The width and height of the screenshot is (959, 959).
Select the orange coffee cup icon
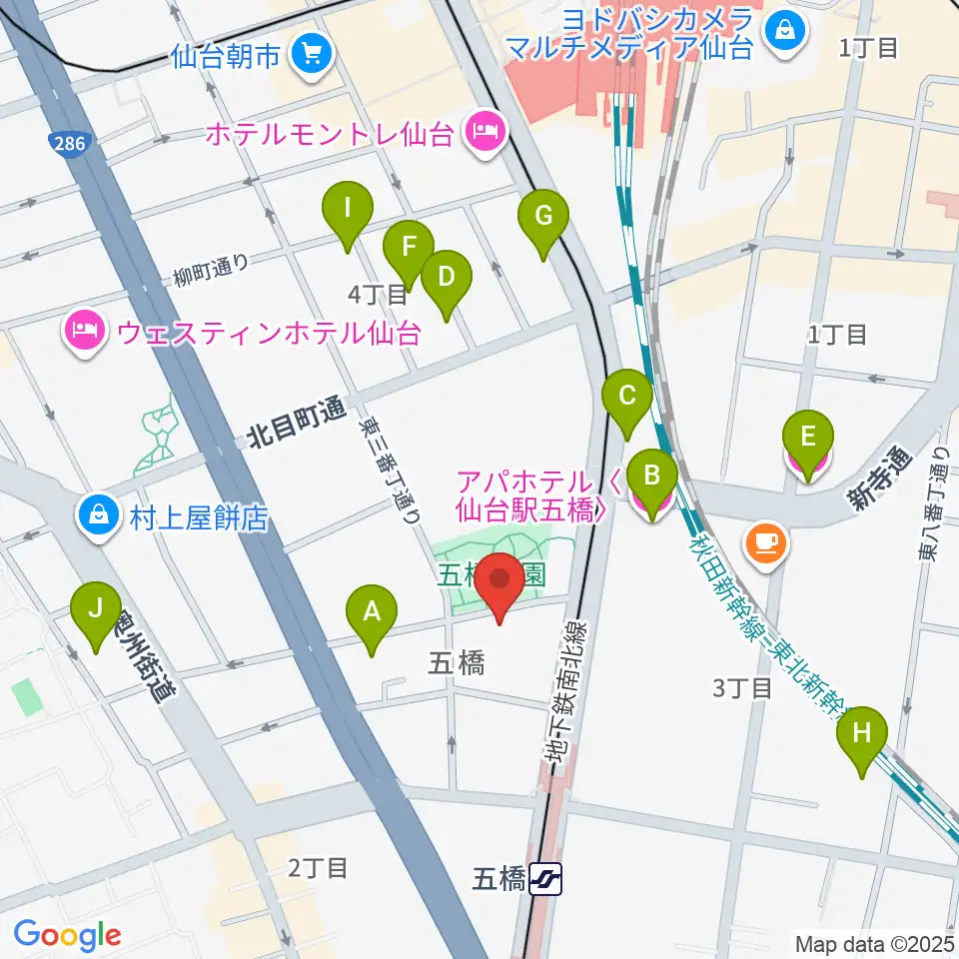pyautogui.click(x=766, y=543)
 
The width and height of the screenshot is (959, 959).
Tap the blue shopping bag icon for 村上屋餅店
pyautogui.click(x=99, y=516)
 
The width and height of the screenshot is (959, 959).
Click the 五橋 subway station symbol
pyautogui.click(x=547, y=879)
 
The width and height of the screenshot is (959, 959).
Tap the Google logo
pyautogui.click(x=67, y=936)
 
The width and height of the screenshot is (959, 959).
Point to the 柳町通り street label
pyautogui.click(x=210, y=266)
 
